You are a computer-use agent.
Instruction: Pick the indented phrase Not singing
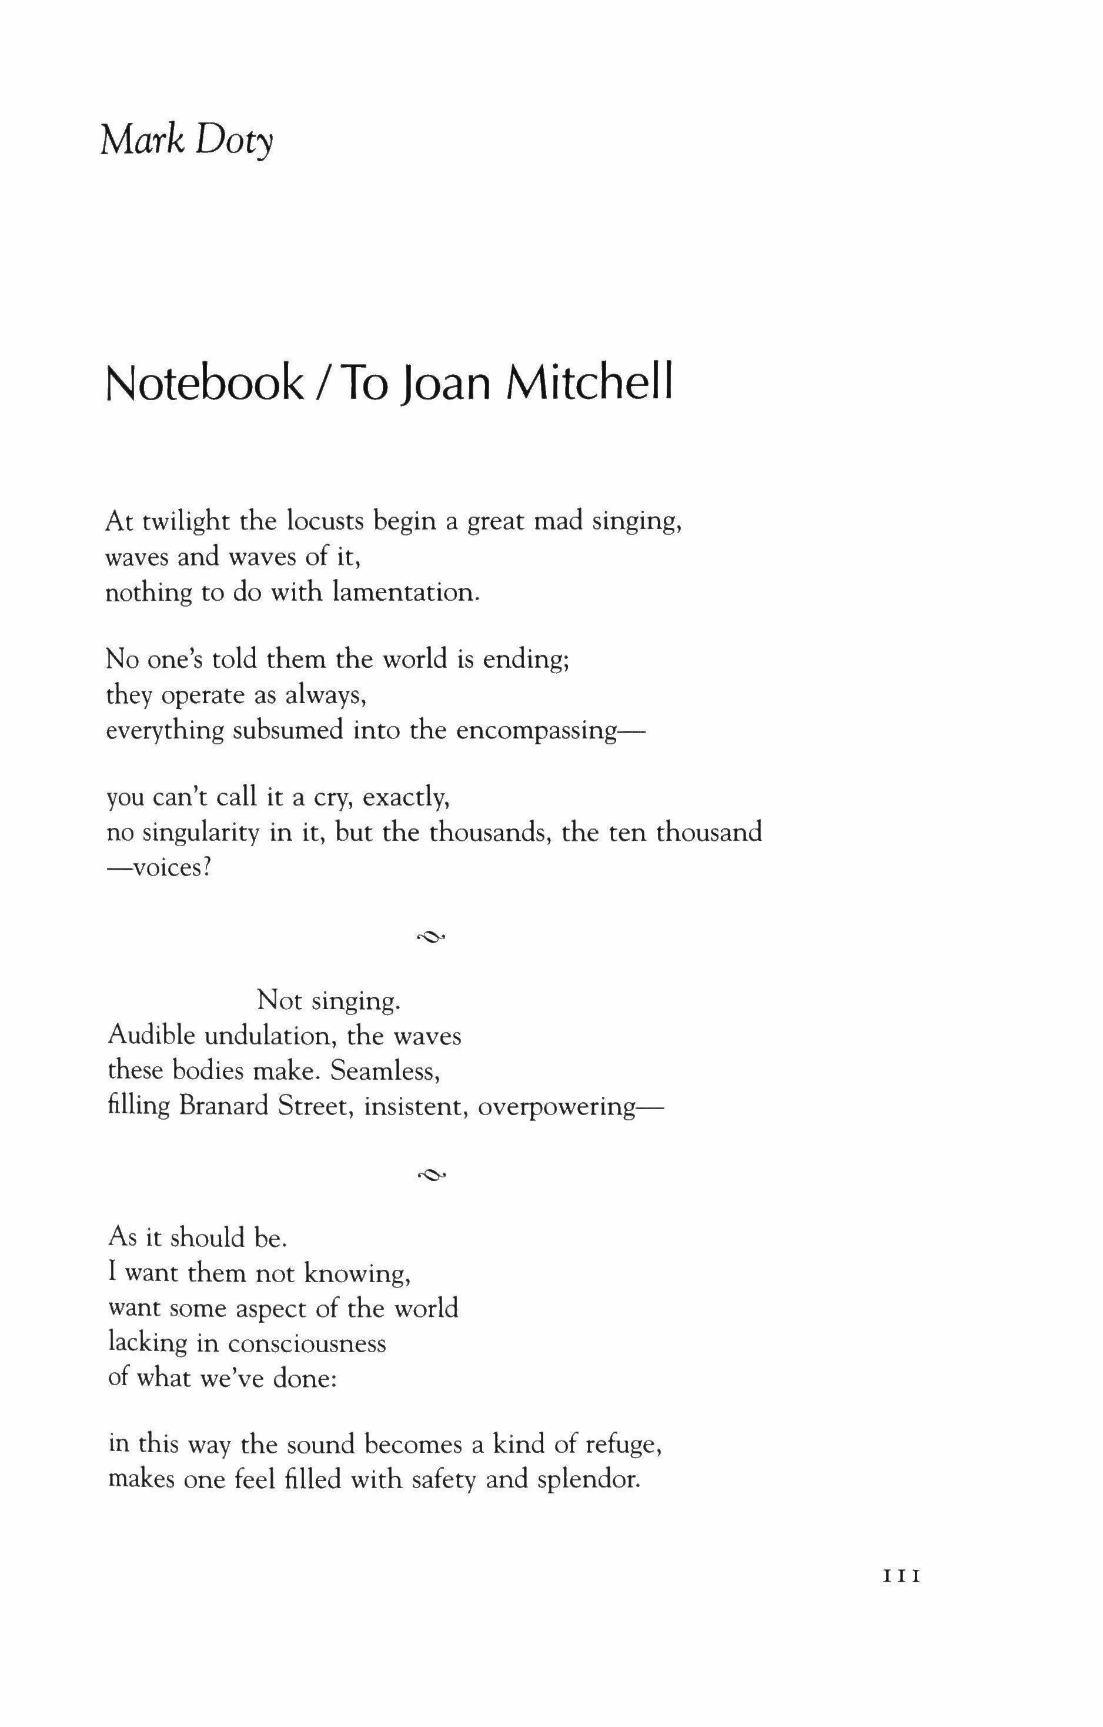click(328, 1000)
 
